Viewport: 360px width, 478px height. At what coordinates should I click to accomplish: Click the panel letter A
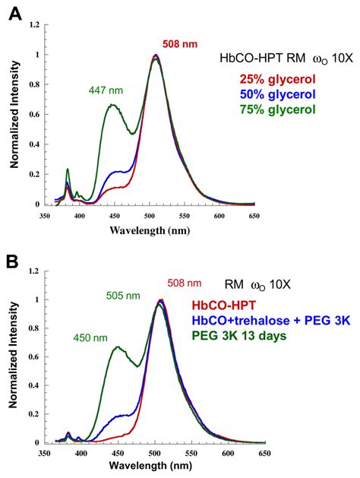coord(13,13)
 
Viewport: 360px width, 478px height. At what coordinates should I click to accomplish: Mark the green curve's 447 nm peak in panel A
coord(112,106)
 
